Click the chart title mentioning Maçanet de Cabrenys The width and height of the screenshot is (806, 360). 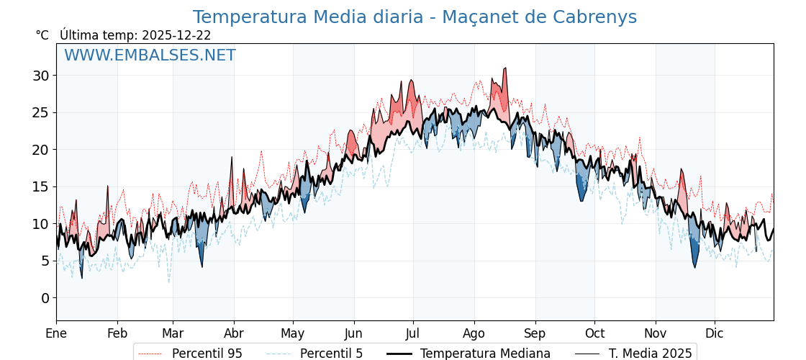click(x=415, y=17)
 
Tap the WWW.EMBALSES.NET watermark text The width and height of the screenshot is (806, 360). click(x=150, y=55)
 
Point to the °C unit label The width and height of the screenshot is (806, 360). click(x=42, y=35)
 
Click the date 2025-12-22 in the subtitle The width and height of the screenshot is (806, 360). click(x=176, y=35)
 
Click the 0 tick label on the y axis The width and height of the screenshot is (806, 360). click(x=46, y=298)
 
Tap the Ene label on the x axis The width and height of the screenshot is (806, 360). click(x=56, y=333)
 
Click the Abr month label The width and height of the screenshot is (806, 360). click(x=234, y=333)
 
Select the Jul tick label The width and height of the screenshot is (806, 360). click(x=413, y=333)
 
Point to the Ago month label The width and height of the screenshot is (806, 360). click(x=474, y=333)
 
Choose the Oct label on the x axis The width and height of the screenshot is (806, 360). click(x=594, y=333)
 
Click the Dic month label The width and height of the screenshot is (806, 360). click(x=715, y=333)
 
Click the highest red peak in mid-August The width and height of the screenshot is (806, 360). click(x=506, y=68)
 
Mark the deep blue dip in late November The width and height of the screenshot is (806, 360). click(x=695, y=266)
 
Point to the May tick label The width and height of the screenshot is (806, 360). click(x=293, y=333)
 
